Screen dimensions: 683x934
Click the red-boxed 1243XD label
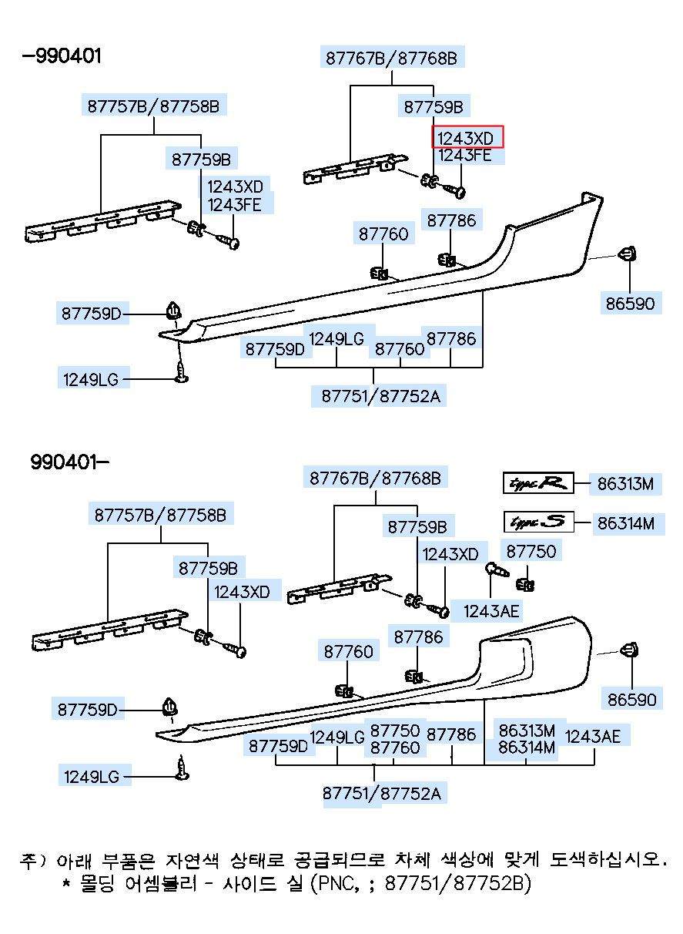point(467,137)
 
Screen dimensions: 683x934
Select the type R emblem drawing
point(538,483)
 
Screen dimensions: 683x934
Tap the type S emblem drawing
point(539,522)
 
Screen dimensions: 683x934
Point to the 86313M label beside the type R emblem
point(625,484)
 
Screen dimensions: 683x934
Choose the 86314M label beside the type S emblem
point(626,523)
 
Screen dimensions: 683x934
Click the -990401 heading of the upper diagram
point(62,56)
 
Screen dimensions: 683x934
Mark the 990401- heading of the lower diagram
point(69,462)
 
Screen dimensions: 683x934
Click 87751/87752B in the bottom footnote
point(457,882)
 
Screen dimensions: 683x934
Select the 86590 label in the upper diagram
point(630,303)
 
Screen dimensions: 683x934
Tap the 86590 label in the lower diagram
point(631,699)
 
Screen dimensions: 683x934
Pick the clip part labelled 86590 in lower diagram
point(630,650)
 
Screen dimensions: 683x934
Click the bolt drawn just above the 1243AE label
point(497,569)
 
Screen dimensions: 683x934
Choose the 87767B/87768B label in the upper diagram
point(391,58)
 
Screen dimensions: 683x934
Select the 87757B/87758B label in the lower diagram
point(160,515)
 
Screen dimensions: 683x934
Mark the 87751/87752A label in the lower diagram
point(382,793)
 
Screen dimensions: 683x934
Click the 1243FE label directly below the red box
point(465,155)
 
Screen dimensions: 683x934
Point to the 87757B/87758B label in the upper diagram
point(153,106)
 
